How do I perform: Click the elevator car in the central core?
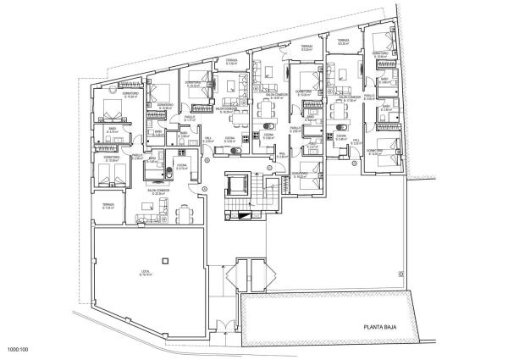(238, 185)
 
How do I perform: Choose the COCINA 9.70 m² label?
(181, 167)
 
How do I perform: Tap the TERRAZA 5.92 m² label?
(231, 62)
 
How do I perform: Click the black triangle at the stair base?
(244, 217)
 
